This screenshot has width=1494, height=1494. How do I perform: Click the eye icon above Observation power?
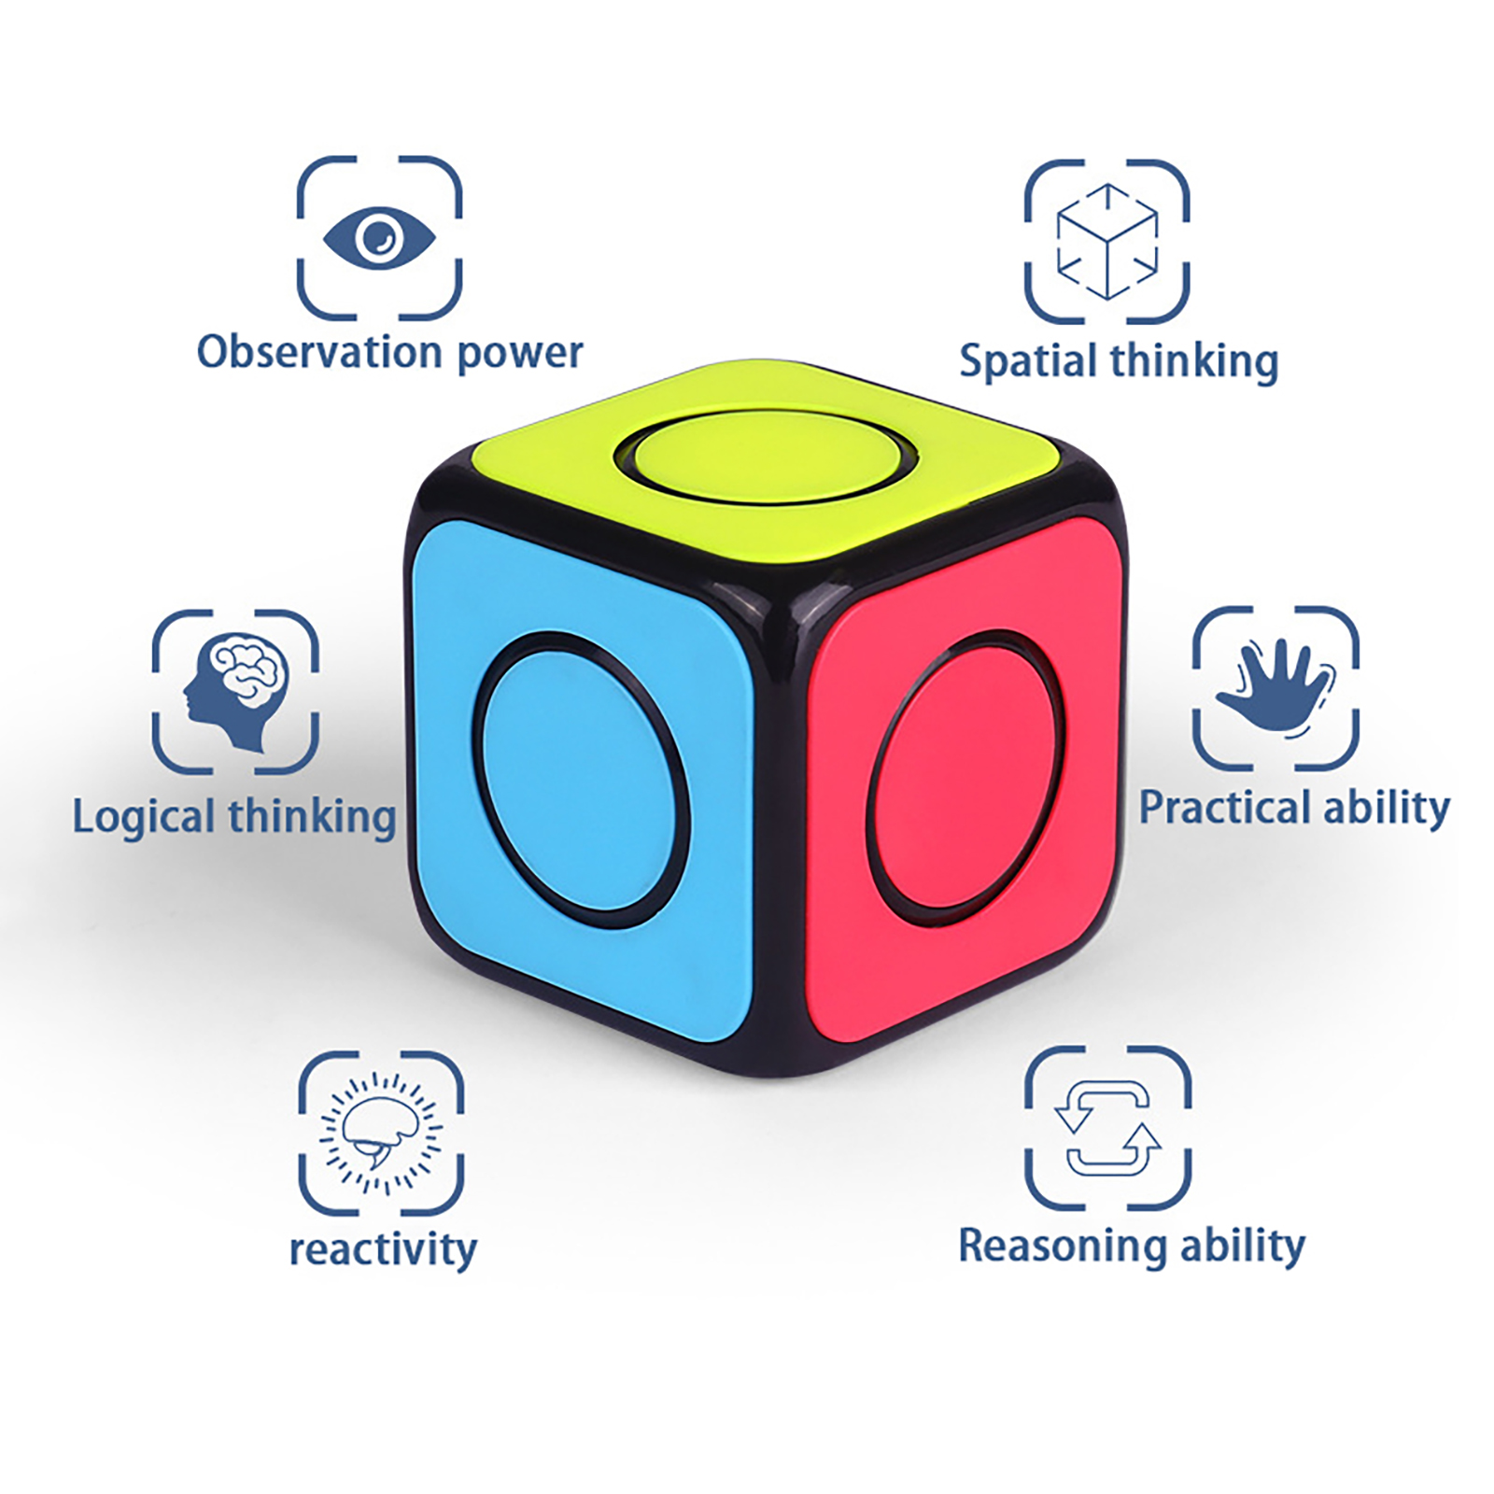point(379,237)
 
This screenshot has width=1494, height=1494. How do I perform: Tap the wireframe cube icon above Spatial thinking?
point(1107,241)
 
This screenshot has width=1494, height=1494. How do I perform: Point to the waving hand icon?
point(1276,687)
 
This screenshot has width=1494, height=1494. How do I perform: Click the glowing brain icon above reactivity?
point(381,1133)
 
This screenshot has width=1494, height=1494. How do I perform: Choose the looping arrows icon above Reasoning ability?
point(1107,1128)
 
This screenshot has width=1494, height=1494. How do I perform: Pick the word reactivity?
point(383,1249)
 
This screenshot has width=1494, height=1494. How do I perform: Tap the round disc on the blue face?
point(579,780)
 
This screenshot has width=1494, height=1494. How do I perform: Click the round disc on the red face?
point(966,770)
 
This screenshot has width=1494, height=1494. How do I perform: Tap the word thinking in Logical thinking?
point(312,817)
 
